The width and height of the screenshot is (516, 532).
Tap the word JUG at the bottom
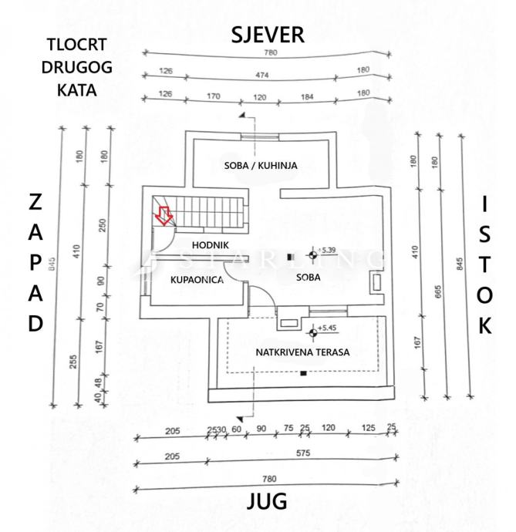(266, 501)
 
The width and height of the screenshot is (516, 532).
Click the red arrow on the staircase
(163, 215)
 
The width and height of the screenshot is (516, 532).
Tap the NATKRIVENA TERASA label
(304, 352)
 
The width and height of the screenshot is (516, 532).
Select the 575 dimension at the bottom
(303, 454)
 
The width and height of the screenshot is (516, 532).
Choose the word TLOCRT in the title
(76, 45)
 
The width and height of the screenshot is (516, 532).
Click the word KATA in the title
(76, 89)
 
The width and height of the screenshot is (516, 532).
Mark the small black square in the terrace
(303, 373)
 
